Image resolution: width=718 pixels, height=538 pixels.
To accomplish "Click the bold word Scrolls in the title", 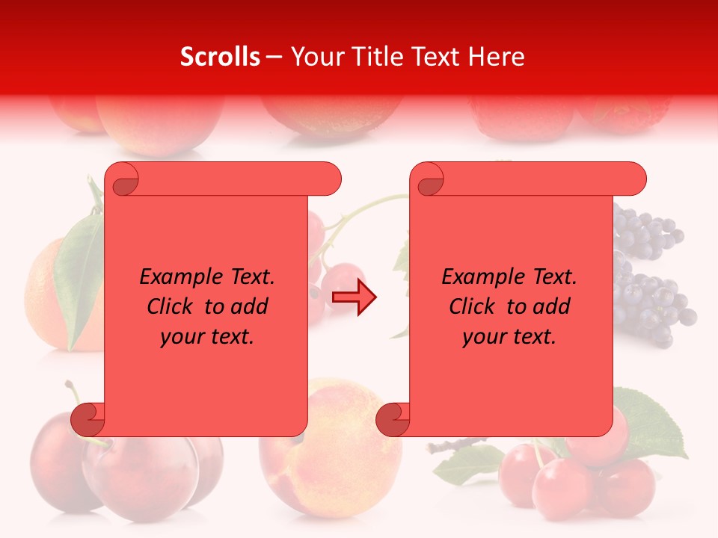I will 221,57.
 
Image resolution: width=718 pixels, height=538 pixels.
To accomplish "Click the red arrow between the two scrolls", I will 354,298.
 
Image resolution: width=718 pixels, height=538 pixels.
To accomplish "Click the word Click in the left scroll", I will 172,306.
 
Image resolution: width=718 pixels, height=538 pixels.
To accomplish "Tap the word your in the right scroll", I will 485,337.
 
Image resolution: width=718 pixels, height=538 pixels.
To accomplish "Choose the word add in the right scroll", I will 553,306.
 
